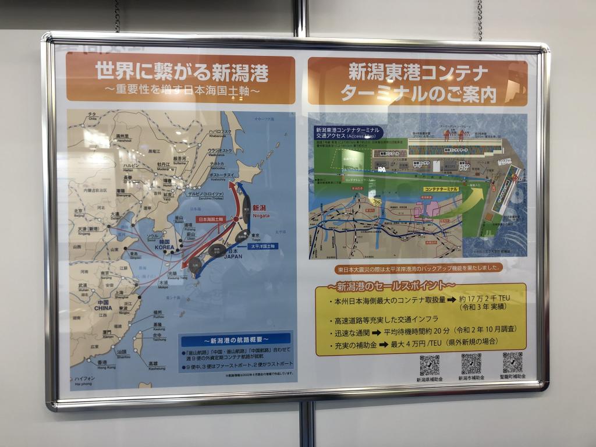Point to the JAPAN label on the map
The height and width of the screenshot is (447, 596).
click(233, 254)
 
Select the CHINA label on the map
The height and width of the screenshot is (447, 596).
click(103, 306)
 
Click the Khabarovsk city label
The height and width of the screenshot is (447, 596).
click(219, 134)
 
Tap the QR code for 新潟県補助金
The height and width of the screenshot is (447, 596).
click(430, 366)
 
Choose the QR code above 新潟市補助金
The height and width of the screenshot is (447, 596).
click(471, 364)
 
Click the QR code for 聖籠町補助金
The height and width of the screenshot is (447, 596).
click(512, 363)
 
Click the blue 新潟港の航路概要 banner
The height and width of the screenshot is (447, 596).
click(236, 339)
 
